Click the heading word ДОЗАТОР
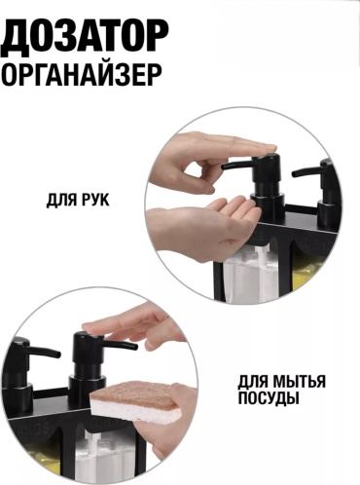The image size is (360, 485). point(85,36)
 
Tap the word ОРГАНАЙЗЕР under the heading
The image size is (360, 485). point(82,75)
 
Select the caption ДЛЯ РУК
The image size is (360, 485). point(78,201)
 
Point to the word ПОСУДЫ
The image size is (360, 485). point(269,398)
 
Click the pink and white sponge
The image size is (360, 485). point(135,402)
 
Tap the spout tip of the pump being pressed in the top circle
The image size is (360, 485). point(224,167)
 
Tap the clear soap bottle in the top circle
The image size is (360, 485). point(251,273)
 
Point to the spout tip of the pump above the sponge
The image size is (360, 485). point(134,347)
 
